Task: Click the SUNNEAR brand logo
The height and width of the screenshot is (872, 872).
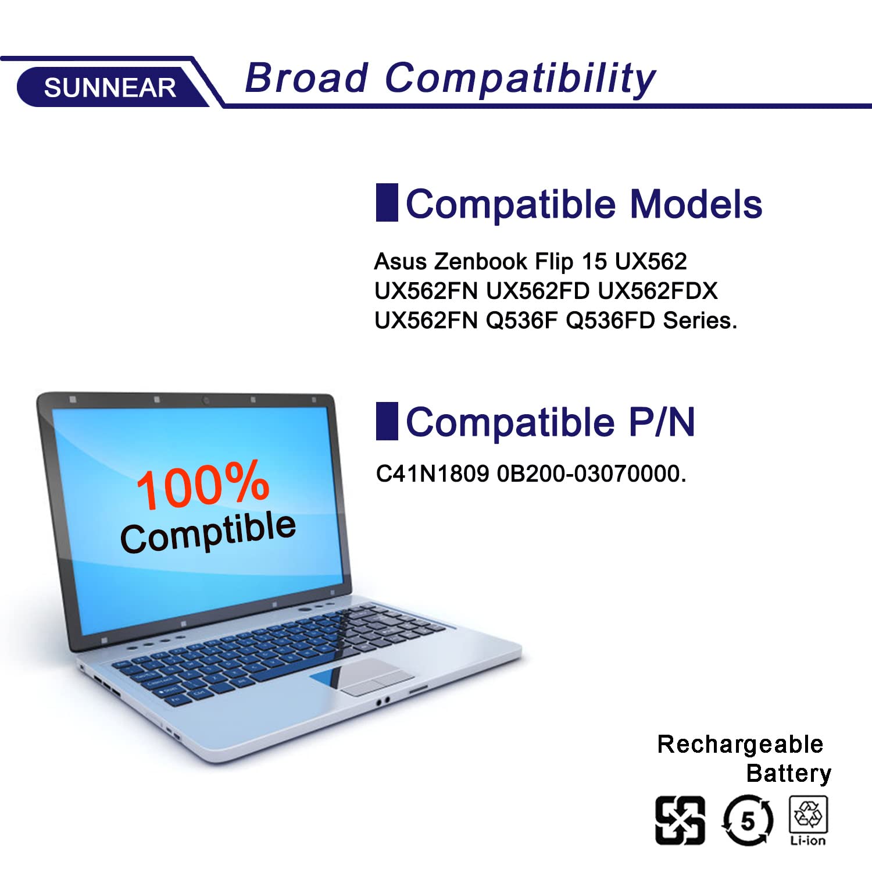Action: click(x=110, y=87)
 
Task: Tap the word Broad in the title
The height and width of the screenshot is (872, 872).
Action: click(x=307, y=78)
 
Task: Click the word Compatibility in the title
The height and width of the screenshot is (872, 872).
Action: click(x=520, y=79)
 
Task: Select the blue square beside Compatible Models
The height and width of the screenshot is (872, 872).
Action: click(x=387, y=202)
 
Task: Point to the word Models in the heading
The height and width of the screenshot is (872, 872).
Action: click(x=696, y=204)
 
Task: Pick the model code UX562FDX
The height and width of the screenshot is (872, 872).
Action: click(x=657, y=291)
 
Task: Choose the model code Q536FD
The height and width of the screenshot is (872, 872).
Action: click(x=610, y=321)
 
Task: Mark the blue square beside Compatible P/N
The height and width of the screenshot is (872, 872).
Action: click(x=387, y=421)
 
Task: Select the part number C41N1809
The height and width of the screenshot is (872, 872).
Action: click(x=433, y=474)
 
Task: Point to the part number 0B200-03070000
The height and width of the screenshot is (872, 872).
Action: click(x=591, y=474)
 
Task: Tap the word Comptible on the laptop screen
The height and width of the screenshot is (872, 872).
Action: click(x=208, y=532)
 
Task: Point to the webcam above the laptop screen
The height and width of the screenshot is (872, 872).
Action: click(x=205, y=400)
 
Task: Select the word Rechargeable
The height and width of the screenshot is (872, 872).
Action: click(x=740, y=745)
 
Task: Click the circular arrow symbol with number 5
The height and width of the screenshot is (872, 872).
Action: click(x=748, y=821)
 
